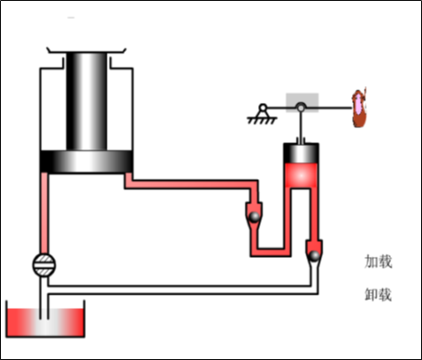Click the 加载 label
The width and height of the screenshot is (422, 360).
tap(378, 261)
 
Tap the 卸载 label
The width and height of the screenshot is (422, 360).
tap(378, 295)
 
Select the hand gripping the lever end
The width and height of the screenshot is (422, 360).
tap(359, 107)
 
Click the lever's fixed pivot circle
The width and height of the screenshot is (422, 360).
tap(263, 107)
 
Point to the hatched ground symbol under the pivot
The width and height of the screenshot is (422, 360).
tap(262, 120)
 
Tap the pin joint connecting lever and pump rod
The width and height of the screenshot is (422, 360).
tap(301, 107)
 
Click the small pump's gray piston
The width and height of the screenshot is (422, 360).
tap(301, 153)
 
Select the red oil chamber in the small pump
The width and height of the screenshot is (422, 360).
tap(301, 176)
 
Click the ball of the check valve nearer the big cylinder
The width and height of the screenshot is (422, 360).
tap(254, 217)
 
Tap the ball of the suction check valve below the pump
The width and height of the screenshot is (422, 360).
tap(314, 256)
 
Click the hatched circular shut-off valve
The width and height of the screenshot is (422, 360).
tap(44, 265)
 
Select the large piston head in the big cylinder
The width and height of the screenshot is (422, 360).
tap(87, 161)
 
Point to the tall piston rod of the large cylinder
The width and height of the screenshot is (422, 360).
tap(87, 101)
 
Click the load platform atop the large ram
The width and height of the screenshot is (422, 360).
tap(86, 50)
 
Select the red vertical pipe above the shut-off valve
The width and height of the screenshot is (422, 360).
tap(44, 213)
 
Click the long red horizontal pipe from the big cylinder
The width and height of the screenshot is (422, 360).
tap(191, 184)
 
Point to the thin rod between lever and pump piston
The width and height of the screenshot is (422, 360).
tap(301, 126)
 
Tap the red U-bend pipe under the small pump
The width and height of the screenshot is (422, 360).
tap(271, 253)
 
